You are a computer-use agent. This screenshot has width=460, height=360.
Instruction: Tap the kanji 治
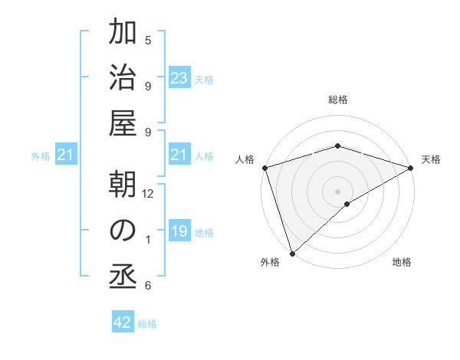click(x=123, y=78)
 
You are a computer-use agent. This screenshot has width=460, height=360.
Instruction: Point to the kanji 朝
click(x=123, y=185)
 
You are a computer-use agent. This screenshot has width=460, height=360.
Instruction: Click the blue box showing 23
click(x=179, y=78)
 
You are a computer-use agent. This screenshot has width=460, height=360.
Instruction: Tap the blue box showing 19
click(x=179, y=231)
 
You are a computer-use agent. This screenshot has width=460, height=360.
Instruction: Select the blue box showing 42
click(x=123, y=322)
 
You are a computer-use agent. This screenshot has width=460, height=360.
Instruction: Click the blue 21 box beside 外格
click(x=65, y=155)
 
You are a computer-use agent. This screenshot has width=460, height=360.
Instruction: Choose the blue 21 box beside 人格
click(x=179, y=155)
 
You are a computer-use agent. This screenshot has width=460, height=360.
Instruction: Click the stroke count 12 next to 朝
click(x=148, y=194)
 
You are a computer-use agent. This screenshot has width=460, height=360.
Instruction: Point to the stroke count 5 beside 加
click(x=148, y=40)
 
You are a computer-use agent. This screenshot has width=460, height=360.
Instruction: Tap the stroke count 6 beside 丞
click(x=148, y=286)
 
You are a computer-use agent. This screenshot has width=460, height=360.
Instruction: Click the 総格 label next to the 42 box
click(x=147, y=324)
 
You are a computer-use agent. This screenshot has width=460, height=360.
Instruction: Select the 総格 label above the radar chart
click(x=337, y=100)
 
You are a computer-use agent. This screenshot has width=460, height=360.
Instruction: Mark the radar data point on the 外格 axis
click(x=291, y=254)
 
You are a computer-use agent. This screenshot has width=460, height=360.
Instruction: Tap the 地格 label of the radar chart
click(x=402, y=263)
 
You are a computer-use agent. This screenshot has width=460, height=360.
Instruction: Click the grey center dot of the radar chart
click(x=337, y=191)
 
